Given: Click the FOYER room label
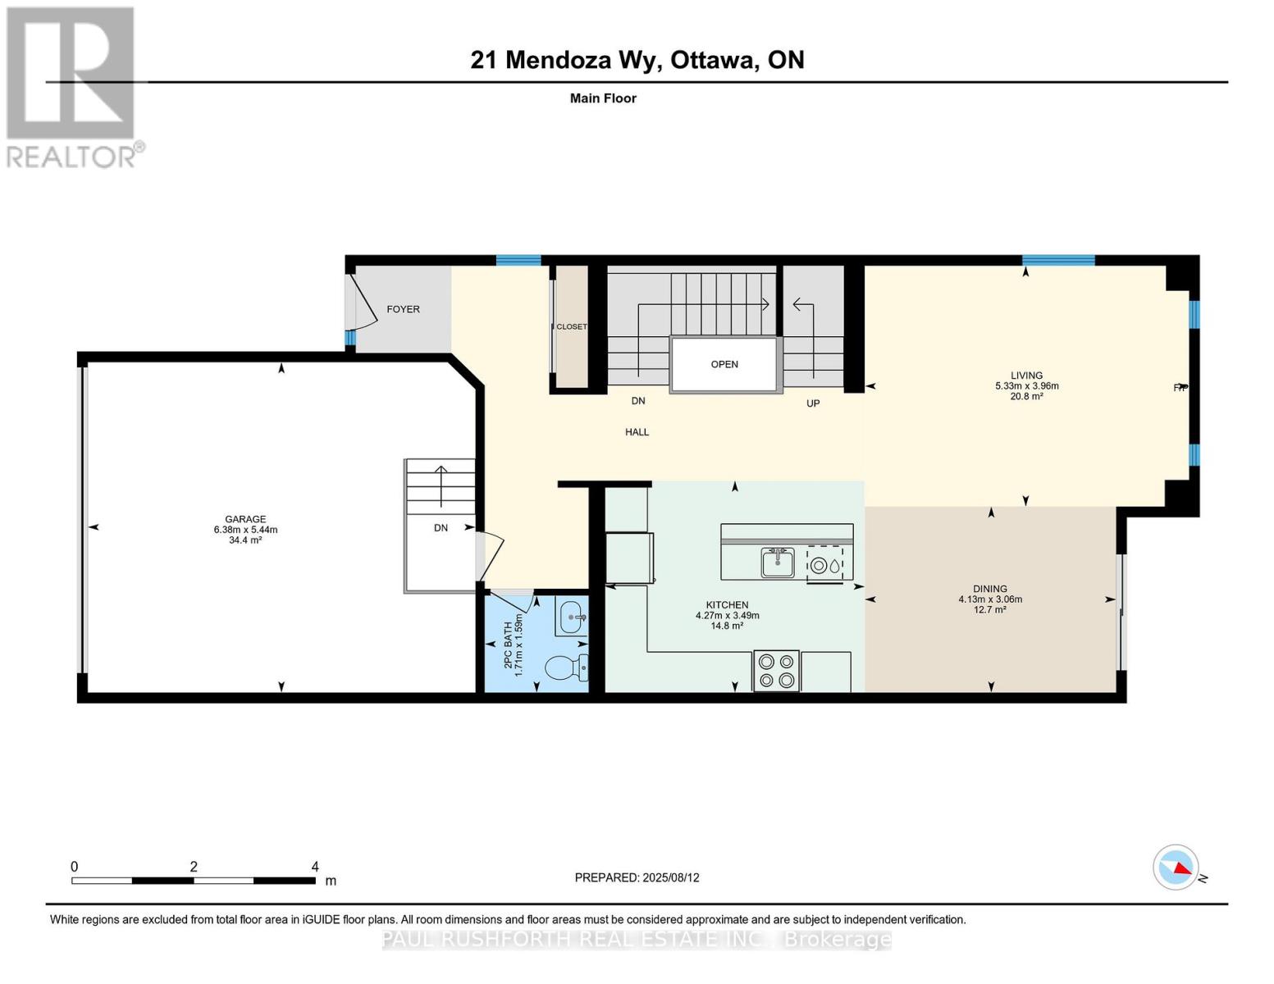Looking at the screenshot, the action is (403, 309).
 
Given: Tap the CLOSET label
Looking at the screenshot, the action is (571, 326).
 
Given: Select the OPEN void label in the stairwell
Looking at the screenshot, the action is (724, 364).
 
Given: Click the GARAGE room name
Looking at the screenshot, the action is (245, 519).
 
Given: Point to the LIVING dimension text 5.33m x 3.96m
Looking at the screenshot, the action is (1026, 385).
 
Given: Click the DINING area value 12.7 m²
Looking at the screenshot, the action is (989, 609).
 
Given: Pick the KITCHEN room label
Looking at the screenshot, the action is (727, 604).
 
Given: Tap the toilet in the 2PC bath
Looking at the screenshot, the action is (566, 667).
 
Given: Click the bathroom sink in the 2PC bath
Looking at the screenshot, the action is (570, 617).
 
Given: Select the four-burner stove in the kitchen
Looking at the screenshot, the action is (776, 671).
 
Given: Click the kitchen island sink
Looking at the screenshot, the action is (778, 563).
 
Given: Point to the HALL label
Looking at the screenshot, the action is (637, 432).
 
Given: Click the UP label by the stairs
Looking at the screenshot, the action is (813, 403).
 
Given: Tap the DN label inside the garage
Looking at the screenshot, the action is (441, 527).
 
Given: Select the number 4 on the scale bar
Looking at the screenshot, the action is (315, 866).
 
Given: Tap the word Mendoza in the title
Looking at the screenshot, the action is (558, 60).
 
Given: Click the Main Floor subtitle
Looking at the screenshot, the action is (603, 98).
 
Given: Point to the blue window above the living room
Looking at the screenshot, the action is (1058, 260).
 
